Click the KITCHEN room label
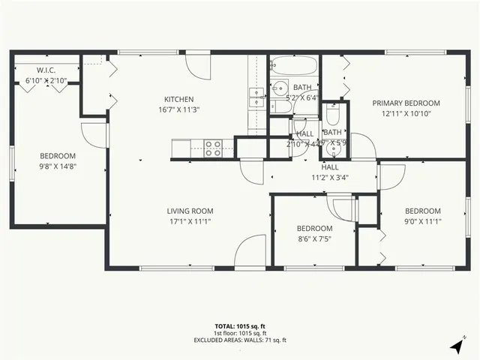click(179, 99)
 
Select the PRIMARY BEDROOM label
click(406, 103)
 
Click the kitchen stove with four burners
click(213, 145)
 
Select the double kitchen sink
click(256, 97)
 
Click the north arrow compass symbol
click(455, 346)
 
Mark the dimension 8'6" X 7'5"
click(313, 239)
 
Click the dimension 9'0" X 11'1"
click(423, 221)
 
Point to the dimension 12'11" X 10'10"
click(406, 113)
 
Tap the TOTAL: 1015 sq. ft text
click(239, 326)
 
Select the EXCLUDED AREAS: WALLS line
click(239, 340)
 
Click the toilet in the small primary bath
click(333, 114)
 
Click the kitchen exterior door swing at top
click(198, 64)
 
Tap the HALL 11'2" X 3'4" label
click(330, 172)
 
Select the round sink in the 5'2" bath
click(279, 86)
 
